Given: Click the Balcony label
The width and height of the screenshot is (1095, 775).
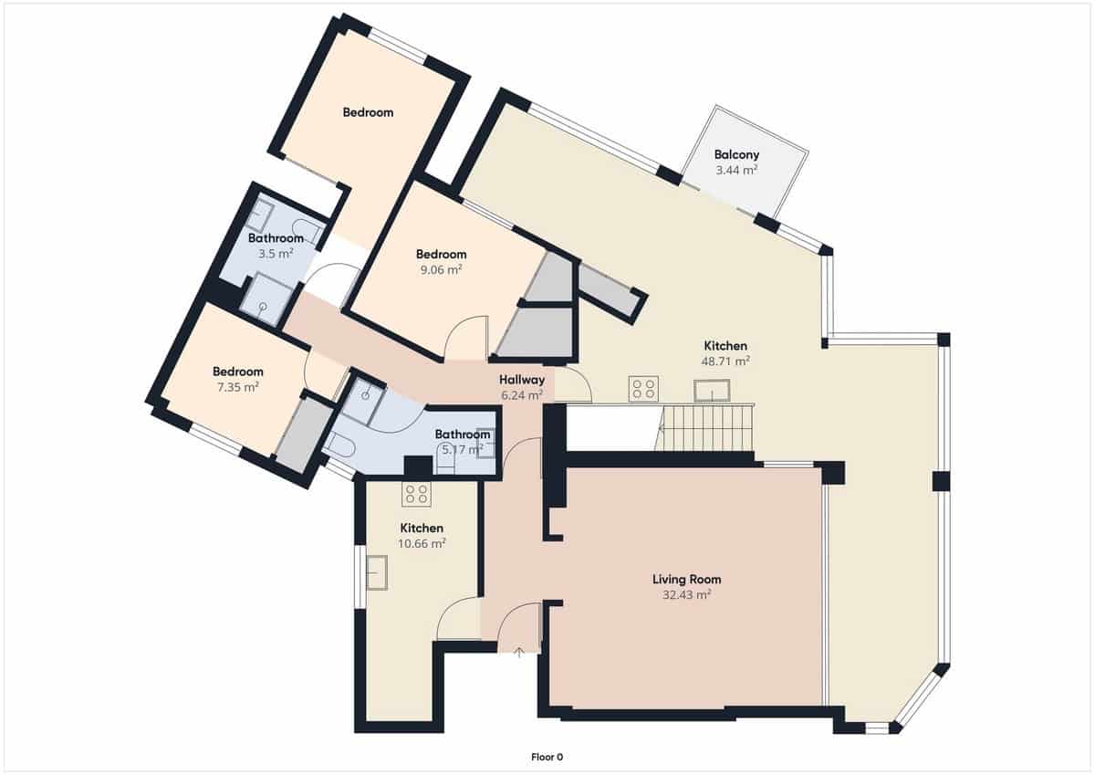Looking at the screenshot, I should (x=736, y=155).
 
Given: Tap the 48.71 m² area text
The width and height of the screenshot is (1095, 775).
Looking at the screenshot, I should (x=725, y=361).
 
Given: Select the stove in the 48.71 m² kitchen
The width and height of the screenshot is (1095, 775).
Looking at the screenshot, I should (x=643, y=389).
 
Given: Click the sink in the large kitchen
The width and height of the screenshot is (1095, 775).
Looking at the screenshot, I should (x=710, y=392).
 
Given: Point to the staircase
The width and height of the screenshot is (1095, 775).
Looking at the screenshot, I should (x=708, y=428).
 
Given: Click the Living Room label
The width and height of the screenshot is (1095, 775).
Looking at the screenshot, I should (x=686, y=579).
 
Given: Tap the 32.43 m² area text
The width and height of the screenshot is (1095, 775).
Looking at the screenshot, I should (x=686, y=594).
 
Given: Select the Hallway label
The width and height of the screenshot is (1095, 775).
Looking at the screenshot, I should (x=522, y=380).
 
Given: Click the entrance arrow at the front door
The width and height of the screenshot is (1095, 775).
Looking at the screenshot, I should (x=518, y=652).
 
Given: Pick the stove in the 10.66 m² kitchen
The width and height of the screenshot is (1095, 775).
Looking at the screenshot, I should (x=417, y=494).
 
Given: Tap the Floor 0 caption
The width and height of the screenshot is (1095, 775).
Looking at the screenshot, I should (x=547, y=756).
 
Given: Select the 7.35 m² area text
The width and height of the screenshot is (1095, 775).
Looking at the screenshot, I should (x=238, y=386).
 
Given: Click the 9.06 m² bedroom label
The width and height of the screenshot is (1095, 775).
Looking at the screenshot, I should (x=441, y=254).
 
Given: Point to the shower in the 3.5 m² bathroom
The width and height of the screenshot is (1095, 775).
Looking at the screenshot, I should (x=267, y=298).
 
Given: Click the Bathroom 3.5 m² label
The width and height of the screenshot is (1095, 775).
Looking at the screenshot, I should (x=276, y=239).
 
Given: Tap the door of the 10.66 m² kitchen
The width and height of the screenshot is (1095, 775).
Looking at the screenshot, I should (x=458, y=621).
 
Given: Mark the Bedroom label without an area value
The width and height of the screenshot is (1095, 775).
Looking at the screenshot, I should (x=368, y=112).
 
